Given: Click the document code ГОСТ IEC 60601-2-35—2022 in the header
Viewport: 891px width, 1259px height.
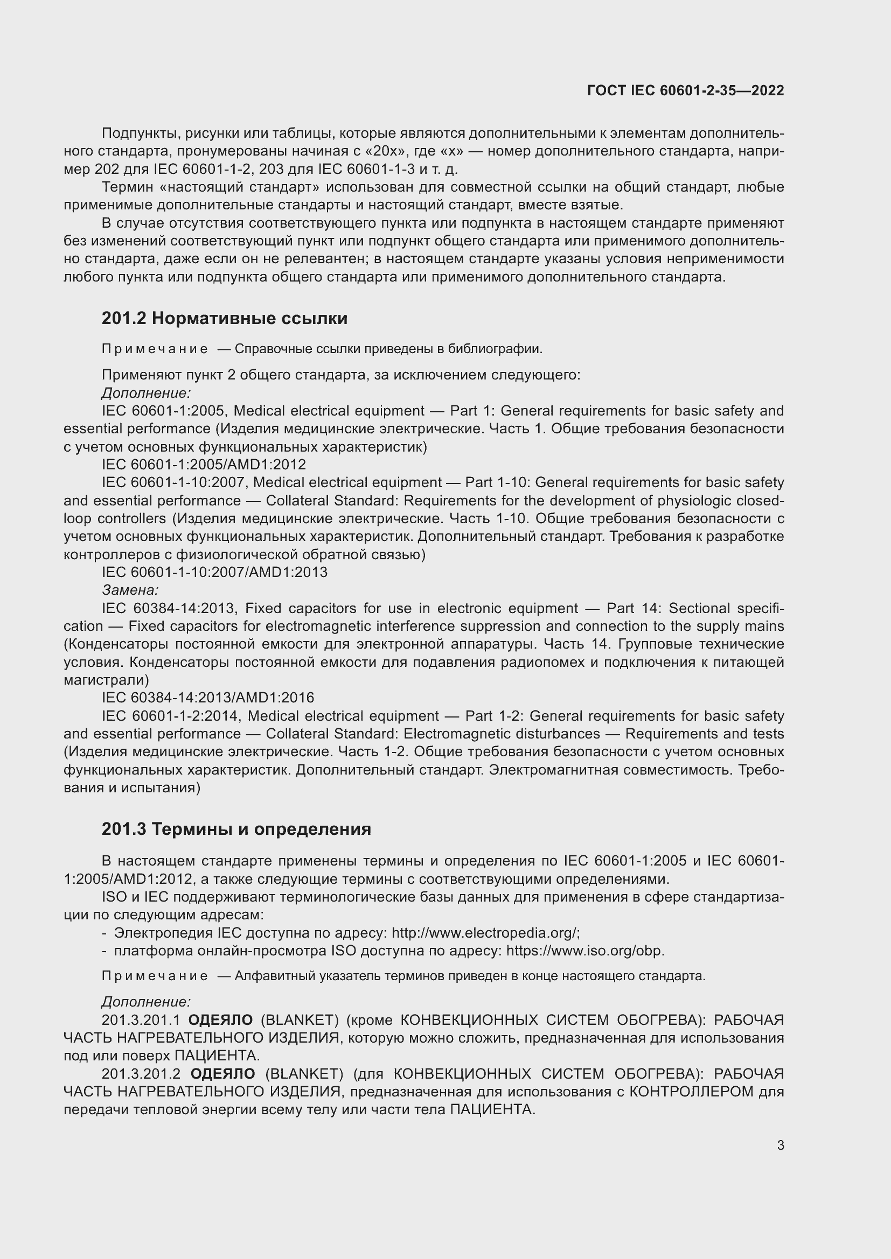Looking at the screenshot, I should [685, 90].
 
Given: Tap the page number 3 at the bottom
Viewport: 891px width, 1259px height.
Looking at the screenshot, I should [780, 1145].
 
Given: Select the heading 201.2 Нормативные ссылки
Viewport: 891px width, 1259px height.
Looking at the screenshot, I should [225, 319].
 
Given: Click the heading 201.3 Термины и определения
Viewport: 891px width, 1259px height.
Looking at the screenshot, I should [236, 829].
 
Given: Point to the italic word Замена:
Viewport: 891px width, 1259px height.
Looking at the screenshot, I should [130, 590].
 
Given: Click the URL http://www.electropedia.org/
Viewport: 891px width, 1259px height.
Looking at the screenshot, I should [485, 933].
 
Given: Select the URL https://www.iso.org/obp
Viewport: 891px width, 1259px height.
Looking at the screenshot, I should [585, 950].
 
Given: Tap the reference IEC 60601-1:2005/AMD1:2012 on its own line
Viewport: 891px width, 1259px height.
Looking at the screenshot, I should [204, 465].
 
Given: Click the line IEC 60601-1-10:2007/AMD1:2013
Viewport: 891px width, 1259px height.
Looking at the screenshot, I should [214, 573].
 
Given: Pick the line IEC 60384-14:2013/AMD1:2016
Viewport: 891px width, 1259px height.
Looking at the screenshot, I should [208, 698].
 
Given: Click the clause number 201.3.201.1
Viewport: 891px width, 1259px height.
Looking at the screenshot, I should [141, 1020].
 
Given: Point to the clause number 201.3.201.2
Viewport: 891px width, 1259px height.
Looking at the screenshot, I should [141, 1074].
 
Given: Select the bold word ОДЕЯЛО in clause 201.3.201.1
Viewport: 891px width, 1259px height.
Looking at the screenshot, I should [220, 1020].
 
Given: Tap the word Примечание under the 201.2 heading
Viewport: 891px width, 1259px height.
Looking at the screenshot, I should [155, 349].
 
